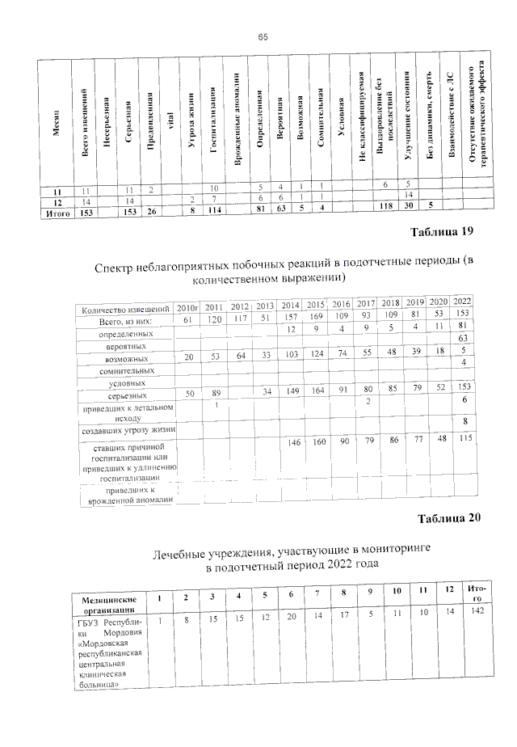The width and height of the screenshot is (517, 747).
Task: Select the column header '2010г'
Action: (x=187, y=307)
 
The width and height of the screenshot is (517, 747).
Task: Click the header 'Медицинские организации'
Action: (x=114, y=605)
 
